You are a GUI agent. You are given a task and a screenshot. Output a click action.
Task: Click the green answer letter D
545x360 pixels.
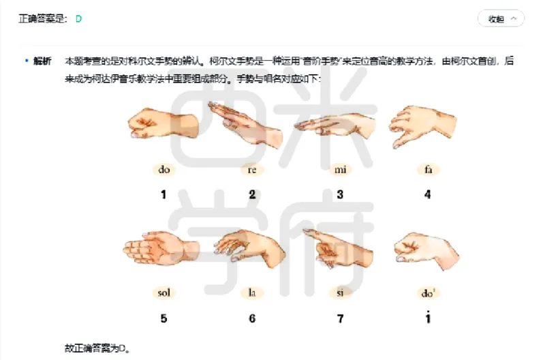[78, 19]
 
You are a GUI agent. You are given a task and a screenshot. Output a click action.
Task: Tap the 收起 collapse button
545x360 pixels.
[501, 19]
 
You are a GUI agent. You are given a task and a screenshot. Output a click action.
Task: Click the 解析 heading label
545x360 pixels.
[42, 61]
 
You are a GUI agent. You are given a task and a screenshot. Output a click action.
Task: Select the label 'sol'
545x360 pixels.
[163, 293]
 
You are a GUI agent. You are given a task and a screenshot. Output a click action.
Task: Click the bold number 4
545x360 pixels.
[427, 195]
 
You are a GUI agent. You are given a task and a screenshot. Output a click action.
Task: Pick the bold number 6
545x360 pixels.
[252, 318]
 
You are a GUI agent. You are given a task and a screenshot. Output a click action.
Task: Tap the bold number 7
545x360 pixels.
[340, 318]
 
